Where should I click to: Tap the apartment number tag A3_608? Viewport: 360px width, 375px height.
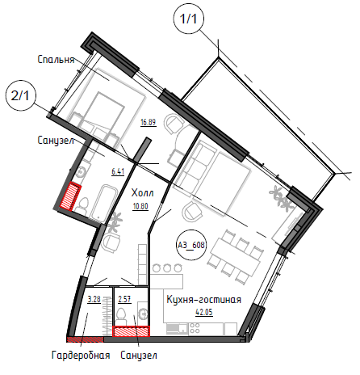click(191, 245)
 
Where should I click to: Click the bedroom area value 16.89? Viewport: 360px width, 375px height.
click(149, 123)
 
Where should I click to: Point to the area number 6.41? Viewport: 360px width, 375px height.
click(118, 171)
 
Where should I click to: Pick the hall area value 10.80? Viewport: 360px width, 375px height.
click(140, 207)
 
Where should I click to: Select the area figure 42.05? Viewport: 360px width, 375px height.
click(204, 312)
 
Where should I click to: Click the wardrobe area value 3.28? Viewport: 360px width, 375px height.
click(94, 299)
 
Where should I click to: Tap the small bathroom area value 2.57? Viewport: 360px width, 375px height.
click(125, 299)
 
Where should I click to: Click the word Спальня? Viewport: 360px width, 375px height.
click(56, 60)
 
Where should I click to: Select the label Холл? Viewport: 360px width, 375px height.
click(143, 193)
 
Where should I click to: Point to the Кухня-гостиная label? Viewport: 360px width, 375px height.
click(204, 300)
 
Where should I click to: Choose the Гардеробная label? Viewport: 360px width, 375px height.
click(81, 356)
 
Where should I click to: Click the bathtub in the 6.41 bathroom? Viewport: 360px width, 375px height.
click(103, 203)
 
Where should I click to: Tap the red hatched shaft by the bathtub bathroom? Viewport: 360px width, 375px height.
click(70, 196)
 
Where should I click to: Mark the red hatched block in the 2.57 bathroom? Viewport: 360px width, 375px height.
click(131, 331)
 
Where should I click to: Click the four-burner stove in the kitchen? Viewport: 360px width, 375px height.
click(195, 328)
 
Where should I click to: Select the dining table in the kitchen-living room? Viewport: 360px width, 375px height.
click(236, 256)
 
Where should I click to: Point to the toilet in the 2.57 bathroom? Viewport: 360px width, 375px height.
click(121, 317)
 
